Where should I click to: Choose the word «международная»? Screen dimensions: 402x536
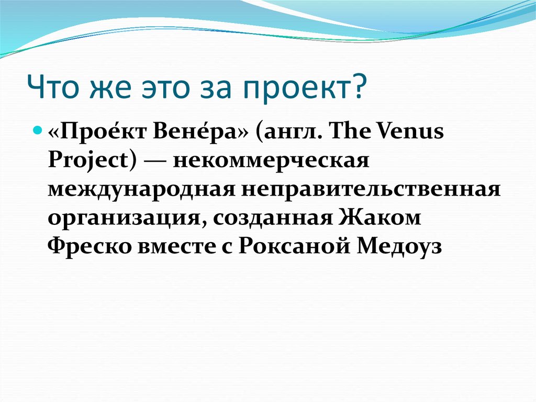(140, 188)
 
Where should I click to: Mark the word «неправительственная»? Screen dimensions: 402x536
(370, 188)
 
